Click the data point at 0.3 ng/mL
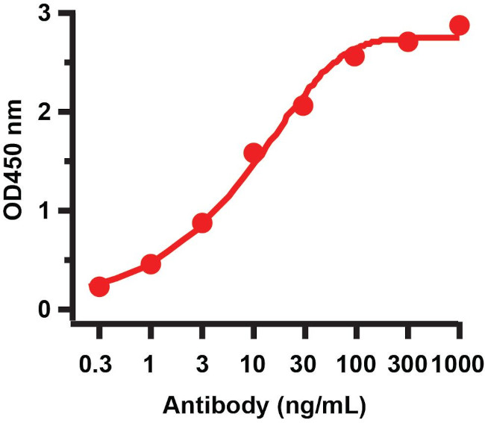tap(99, 286)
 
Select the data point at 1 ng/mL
tap(151, 264)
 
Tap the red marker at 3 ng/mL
tap(202, 223)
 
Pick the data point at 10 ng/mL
tap(254, 153)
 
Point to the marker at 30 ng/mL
tap(303, 106)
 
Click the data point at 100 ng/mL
tap(354, 57)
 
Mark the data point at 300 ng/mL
tap(407, 41)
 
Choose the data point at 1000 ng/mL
tap(460, 25)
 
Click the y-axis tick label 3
tap(45, 13)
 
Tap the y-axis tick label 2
tap(45, 112)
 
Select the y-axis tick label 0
tap(45, 310)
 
